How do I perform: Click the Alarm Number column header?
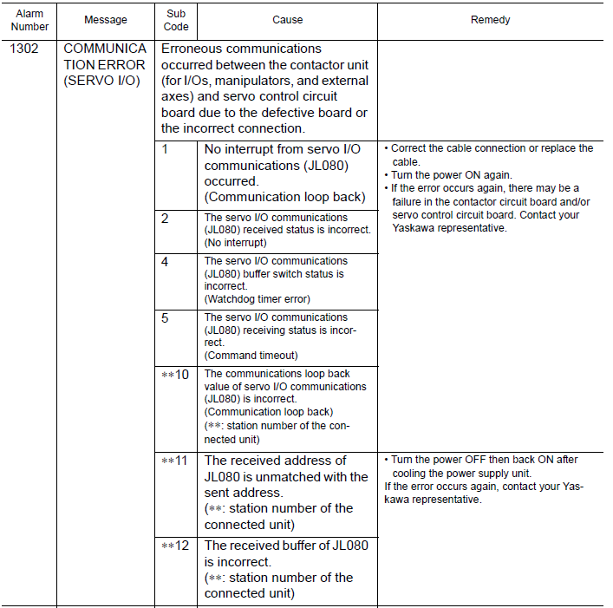pos(29,20)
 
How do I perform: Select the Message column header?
pos(106,20)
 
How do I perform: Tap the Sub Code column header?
pos(176,20)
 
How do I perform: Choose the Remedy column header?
pos(490,20)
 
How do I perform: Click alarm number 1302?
pos(23,49)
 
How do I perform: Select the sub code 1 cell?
pos(165,149)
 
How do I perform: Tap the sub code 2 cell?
pos(165,219)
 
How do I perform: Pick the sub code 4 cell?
pos(165,261)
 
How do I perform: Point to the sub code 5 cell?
pos(165,318)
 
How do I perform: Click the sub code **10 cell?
pos(175,375)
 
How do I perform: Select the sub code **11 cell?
pos(175,461)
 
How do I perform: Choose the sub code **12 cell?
pos(175,546)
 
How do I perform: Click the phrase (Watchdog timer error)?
pos(257,299)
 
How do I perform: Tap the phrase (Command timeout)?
pos(251,356)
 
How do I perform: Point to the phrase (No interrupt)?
pos(236,243)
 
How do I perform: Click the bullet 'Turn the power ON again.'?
pos(451,175)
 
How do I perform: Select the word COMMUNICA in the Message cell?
pos(105,49)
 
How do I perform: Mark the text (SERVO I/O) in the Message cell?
pos(101,82)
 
